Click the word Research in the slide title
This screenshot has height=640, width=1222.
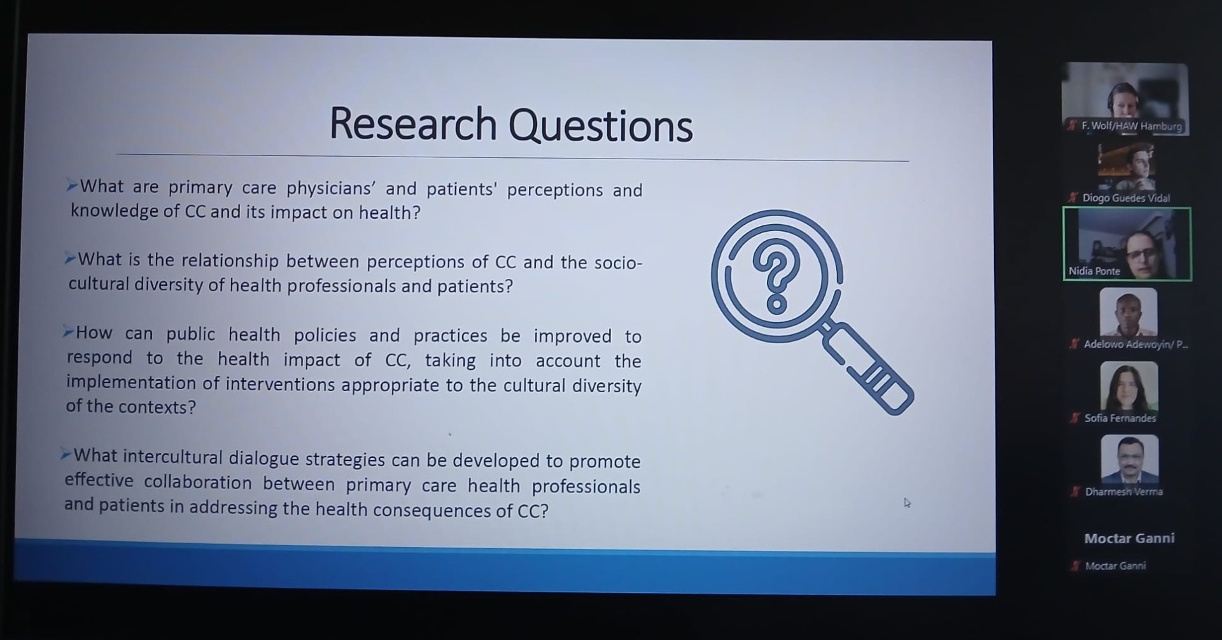point(412,124)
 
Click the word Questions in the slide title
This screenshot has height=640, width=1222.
point(600,125)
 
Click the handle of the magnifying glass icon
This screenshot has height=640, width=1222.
point(869,369)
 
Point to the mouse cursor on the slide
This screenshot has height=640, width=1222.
point(907,503)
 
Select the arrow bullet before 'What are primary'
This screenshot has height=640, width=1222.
point(72,186)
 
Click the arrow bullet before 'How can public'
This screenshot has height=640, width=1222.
point(68,332)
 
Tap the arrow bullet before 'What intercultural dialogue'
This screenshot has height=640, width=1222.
point(66,454)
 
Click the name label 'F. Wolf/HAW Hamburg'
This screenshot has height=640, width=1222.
point(1132,126)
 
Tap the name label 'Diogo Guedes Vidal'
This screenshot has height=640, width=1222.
point(1126,198)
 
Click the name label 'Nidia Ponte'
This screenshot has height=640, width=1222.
point(1094,271)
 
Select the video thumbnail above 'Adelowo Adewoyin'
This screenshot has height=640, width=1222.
point(1128,312)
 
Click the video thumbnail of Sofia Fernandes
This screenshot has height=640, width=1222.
point(1129,386)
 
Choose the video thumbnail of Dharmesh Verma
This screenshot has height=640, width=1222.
point(1130,459)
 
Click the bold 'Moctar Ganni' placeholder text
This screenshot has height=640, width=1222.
point(1129,539)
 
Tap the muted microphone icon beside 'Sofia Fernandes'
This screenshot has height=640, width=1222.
point(1075,418)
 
